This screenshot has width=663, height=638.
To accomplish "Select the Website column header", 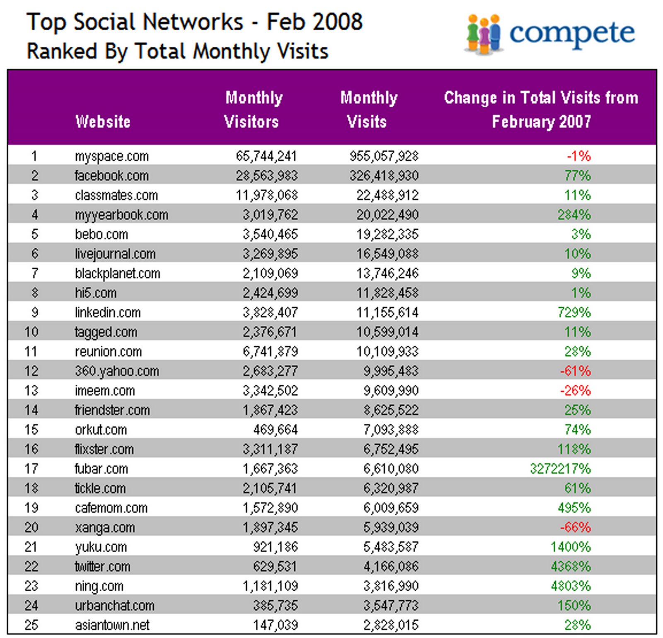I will (x=103, y=122).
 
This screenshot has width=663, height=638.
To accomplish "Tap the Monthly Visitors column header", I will (x=252, y=109).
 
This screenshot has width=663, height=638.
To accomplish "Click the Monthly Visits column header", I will (x=368, y=109).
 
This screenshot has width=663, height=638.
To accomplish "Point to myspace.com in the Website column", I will (x=111, y=156).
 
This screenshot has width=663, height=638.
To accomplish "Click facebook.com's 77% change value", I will (x=577, y=176).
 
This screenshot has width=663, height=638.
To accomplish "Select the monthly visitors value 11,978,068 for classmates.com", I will (x=266, y=195).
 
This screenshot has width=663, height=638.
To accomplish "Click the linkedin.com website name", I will (x=108, y=312).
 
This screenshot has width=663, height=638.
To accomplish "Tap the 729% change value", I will (x=574, y=312).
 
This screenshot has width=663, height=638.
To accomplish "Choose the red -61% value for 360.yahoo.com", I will (x=575, y=371).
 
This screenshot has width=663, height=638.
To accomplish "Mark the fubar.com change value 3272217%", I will (x=560, y=469).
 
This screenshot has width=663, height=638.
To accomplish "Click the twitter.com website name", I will (x=102, y=566).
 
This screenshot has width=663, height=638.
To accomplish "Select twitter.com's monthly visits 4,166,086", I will (x=391, y=566).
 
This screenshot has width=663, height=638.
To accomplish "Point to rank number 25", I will (x=31, y=625).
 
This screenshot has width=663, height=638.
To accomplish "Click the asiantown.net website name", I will (x=112, y=625).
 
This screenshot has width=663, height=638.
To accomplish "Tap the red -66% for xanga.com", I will (x=575, y=527).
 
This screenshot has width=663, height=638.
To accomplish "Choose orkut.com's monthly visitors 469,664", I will (x=275, y=429).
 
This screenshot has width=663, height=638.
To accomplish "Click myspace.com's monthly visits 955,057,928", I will (x=384, y=156).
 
